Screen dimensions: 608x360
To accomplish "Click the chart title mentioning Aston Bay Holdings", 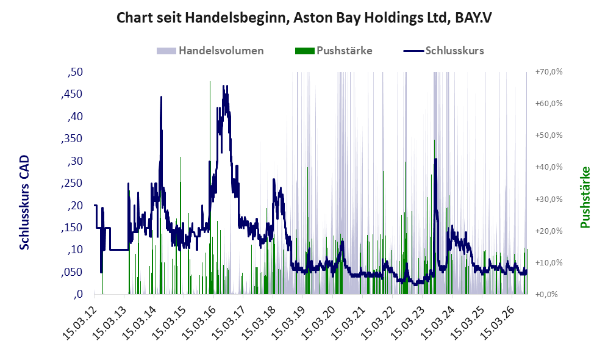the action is [x=304, y=18].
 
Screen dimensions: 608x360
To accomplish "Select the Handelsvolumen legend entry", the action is [x=210, y=51].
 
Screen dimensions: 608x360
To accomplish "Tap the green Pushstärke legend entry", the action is [x=334, y=51].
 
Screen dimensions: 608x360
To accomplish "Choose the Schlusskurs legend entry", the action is [x=443, y=51].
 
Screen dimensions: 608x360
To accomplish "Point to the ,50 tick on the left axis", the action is [x=75, y=72].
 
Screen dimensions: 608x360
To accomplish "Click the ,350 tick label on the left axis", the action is [x=72, y=139].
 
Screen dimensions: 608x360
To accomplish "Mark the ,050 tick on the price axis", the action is [x=72, y=272].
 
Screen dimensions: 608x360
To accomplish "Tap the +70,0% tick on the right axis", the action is [x=549, y=72].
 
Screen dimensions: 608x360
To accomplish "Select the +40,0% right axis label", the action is [x=549, y=167].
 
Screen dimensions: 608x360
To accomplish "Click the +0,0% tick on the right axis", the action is [x=547, y=295].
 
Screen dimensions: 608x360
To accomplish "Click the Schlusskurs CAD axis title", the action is [x=24, y=202].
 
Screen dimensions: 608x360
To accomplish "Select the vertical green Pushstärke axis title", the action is [x=585, y=197].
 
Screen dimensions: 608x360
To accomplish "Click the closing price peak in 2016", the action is [x=224, y=86].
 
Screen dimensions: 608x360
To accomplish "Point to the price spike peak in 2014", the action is [x=162, y=97].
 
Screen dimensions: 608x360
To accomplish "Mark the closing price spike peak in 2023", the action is [x=435, y=159].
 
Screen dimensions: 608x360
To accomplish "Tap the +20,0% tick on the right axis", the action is [x=549, y=231].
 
